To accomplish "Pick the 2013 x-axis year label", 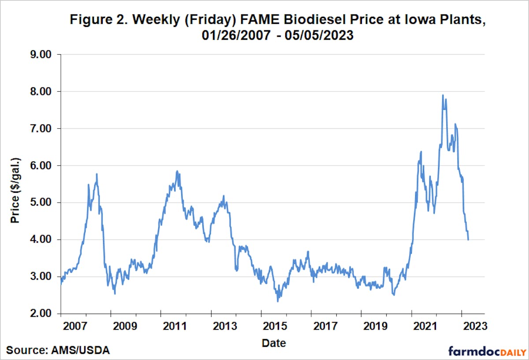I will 224,327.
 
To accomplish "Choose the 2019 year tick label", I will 374,327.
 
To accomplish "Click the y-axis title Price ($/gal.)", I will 16,184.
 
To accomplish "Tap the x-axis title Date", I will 273,343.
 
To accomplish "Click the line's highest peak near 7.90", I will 443,95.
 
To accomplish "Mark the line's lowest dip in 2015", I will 278,301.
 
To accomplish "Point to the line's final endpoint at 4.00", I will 468,240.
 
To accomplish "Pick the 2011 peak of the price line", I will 177,171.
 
